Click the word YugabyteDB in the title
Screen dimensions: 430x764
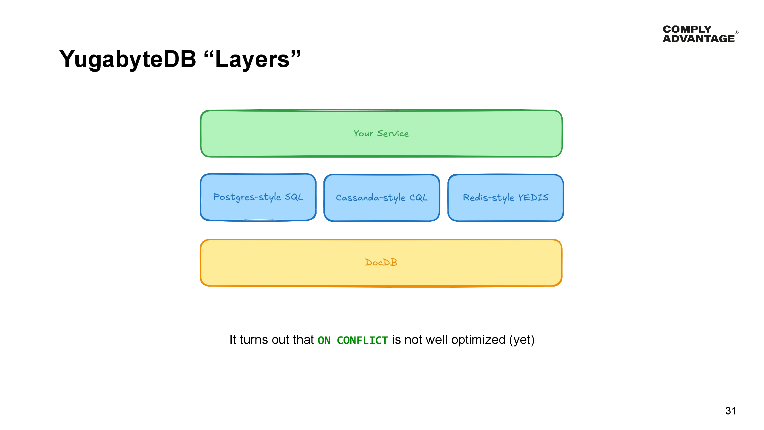coord(128,59)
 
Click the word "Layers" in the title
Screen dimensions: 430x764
coord(252,59)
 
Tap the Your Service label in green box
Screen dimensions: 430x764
coord(381,133)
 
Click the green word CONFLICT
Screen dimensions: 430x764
coord(362,340)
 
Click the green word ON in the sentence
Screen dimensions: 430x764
coord(324,340)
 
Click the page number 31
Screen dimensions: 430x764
coord(730,411)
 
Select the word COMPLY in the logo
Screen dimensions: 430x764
coord(687,29)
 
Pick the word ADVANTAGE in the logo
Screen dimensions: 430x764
coord(699,38)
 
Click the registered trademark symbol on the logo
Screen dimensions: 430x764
coord(736,32)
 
